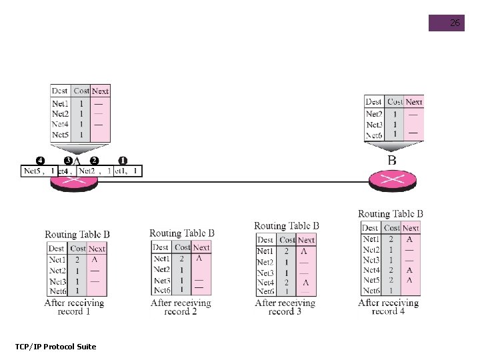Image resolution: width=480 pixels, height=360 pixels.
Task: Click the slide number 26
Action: click(x=455, y=23)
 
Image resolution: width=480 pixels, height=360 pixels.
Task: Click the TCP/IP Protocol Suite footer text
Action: click(x=55, y=346)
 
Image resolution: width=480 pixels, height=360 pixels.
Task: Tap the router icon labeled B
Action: click(x=392, y=179)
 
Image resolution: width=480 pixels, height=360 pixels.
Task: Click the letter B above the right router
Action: click(x=392, y=160)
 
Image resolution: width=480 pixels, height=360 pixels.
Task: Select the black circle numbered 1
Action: click(x=123, y=161)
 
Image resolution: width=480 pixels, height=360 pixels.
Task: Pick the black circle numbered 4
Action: click(x=40, y=161)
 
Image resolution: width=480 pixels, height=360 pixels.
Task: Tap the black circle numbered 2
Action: click(x=94, y=161)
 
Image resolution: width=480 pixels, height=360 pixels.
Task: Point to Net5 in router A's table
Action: click(x=60, y=135)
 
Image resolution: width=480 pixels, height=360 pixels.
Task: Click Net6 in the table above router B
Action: click(x=374, y=135)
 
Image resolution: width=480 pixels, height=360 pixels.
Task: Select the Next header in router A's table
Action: click(x=100, y=91)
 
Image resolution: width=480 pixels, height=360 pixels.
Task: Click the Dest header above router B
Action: click(x=374, y=102)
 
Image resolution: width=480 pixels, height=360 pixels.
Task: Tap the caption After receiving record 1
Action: click(x=74, y=307)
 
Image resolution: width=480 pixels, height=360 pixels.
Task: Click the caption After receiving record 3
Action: click(x=285, y=307)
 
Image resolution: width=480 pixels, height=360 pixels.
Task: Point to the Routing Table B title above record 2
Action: click(x=182, y=233)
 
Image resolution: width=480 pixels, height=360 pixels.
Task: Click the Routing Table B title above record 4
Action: click(x=391, y=214)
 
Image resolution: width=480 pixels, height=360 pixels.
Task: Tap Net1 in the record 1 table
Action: click(x=57, y=259)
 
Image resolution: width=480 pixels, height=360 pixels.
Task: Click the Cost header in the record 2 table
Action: click(x=182, y=247)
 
